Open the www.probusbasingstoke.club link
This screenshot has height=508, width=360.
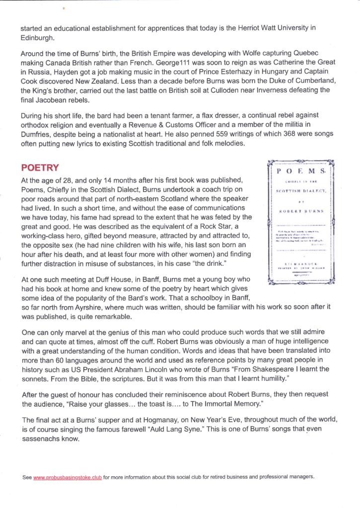pyautogui.click(x=68, y=477)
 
